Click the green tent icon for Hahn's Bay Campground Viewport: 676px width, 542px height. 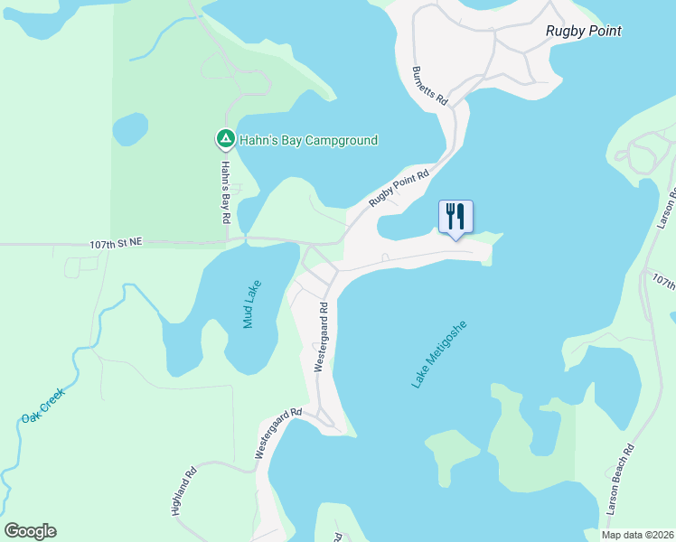pos(224,139)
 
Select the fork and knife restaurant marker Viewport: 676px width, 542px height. pos(455,217)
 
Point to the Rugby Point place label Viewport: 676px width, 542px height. pos(584,31)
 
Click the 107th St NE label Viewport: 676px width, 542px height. pos(117,243)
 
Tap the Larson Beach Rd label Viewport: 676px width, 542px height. pos(621,480)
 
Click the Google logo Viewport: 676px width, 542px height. pos(30,531)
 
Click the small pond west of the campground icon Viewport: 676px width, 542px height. pos(130,129)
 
